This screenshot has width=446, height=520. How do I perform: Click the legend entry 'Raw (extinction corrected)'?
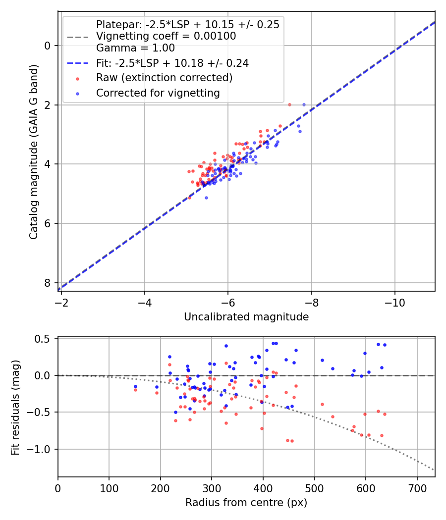tap(164, 78)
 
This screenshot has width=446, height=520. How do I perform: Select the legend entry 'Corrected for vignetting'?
tap(158, 93)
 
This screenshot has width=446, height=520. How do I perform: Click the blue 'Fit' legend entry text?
tap(172, 63)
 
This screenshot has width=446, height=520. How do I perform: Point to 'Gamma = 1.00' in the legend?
tap(135, 48)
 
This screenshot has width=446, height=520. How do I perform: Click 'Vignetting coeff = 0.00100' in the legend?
tap(166, 36)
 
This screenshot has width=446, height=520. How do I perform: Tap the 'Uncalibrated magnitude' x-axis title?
tap(246, 317)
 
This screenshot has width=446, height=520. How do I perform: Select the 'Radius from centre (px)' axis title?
tap(246, 503)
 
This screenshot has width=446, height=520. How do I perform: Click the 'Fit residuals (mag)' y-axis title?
tap(15, 407)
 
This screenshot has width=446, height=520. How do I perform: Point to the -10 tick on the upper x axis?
tap(394, 301)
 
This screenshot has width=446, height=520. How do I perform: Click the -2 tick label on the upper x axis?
tap(61, 301)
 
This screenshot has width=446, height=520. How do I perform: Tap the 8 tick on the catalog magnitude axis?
tap(48, 283)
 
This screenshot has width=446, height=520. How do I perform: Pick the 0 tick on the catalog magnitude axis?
tap(48, 46)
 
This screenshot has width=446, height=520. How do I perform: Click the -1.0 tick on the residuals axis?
tap(41, 449)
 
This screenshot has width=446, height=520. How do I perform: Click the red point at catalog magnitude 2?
tap(289, 104)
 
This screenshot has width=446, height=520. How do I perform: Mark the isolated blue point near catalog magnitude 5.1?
tap(206, 198)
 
